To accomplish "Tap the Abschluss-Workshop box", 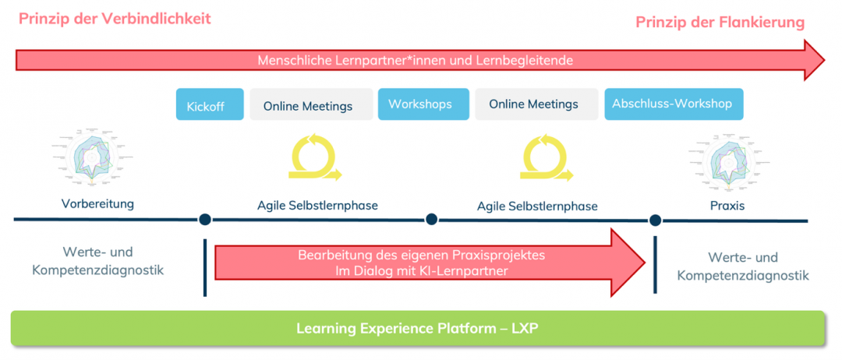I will (x=673, y=104).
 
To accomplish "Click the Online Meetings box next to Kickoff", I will (x=310, y=105).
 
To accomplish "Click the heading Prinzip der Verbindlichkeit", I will (x=115, y=19).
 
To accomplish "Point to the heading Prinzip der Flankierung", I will (x=720, y=23).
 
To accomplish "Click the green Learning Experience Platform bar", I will (x=417, y=328).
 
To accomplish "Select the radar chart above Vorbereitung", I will (x=92, y=158).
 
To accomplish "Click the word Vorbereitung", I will (x=98, y=204).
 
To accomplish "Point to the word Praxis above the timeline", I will (x=728, y=205).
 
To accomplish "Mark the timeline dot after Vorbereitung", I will (x=205, y=220).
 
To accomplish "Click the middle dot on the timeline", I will (x=431, y=220).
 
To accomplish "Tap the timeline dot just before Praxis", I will (x=655, y=220).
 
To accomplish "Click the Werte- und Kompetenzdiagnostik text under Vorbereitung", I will (x=98, y=261).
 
